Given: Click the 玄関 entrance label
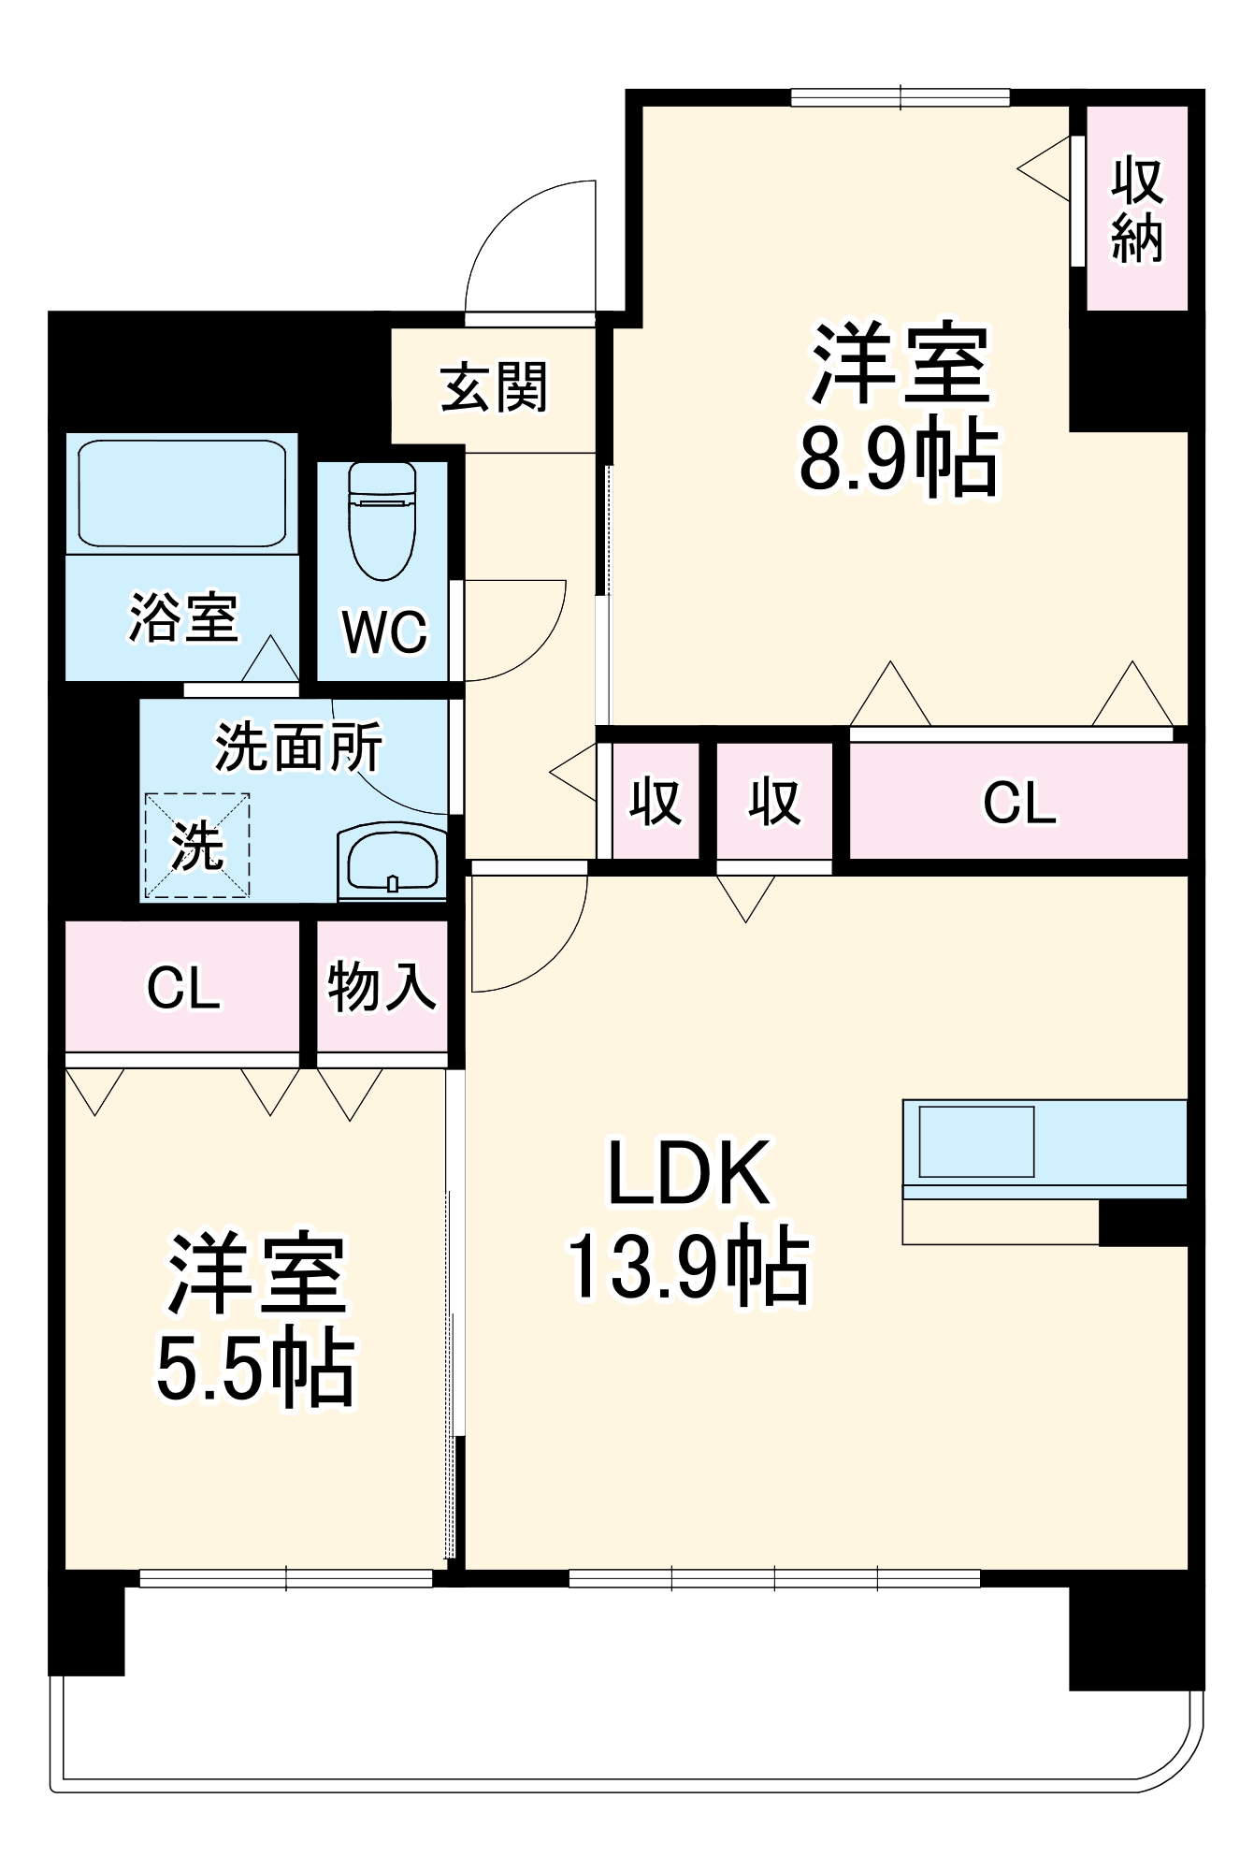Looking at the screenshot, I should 494,386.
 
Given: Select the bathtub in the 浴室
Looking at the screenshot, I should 181,492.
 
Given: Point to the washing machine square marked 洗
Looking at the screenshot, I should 197,845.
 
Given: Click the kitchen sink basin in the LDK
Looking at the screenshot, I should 976,1141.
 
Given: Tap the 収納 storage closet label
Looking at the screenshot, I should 1137,210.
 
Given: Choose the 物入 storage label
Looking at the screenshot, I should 382,986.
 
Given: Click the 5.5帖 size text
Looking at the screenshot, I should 255,1369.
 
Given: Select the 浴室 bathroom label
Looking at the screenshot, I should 182,617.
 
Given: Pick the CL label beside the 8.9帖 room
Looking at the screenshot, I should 1019,803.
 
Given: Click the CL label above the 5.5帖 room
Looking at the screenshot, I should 183,988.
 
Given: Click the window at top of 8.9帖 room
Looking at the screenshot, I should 900,96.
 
